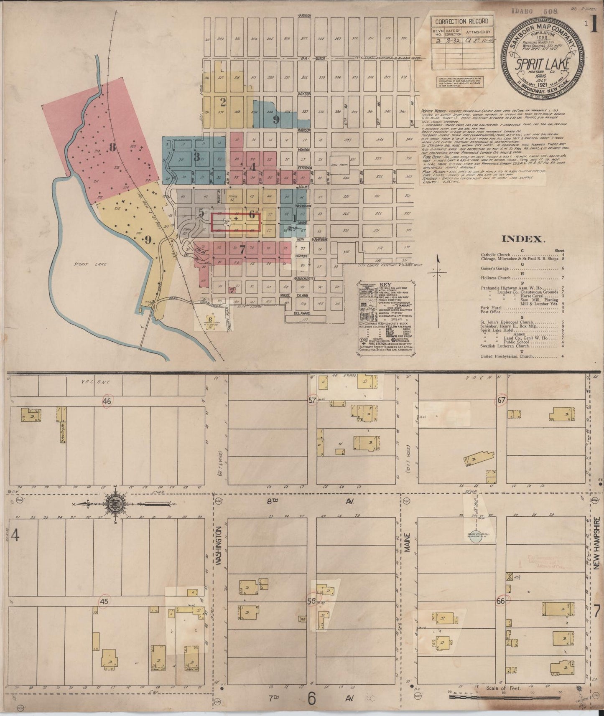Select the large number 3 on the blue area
(x=196, y=157)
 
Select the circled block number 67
(x=501, y=401)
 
